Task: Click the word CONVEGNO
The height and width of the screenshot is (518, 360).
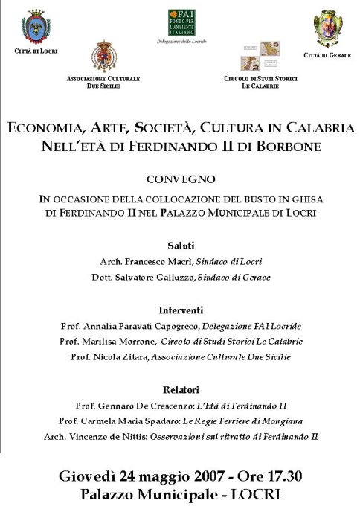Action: (181, 179)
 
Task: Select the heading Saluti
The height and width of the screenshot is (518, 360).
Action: (181, 245)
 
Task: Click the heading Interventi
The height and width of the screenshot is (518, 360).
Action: (181, 310)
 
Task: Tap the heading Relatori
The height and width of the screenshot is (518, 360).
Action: (181, 389)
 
